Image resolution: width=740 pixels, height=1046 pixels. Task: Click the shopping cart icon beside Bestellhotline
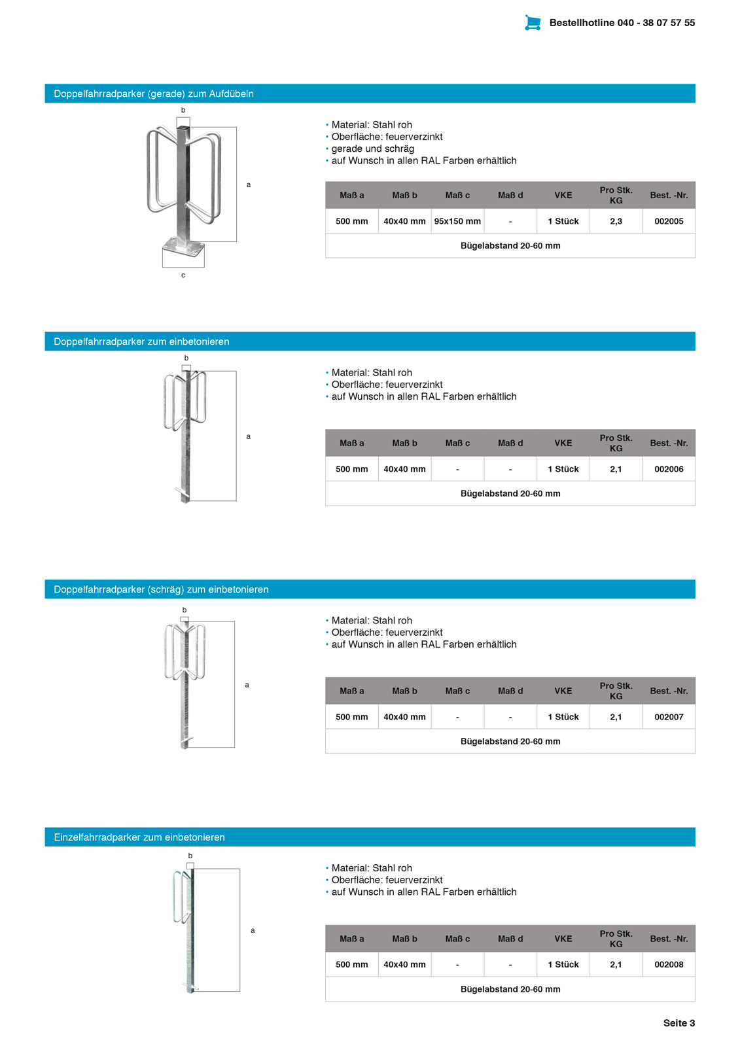tap(533, 23)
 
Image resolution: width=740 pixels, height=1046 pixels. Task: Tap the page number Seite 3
tap(678, 1023)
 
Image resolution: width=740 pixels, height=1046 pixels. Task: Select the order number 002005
tap(669, 221)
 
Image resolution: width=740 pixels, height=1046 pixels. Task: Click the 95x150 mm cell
tap(457, 221)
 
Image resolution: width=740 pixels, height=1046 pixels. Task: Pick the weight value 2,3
tap(616, 221)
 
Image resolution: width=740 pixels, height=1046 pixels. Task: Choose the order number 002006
tap(669, 469)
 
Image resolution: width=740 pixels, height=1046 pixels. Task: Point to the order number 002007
tap(669, 717)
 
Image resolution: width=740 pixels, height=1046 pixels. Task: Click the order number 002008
tap(669, 964)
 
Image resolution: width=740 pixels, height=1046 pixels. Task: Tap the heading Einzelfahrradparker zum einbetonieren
tap(139, 837)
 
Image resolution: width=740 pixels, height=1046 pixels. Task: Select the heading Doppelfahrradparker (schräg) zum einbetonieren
tap(161, 589)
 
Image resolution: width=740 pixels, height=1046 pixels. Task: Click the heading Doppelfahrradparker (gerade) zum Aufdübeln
tap(154, 94)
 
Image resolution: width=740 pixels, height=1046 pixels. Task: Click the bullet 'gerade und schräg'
tap(372, 148)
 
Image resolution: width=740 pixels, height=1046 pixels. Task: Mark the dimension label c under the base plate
tap(183, 275)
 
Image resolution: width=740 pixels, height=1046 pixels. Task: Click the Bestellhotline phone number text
tap(622, 23)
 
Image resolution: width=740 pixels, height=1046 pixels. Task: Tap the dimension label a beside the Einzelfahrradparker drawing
tap(253, 930)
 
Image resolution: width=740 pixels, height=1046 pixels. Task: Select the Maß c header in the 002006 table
tap(457, 443)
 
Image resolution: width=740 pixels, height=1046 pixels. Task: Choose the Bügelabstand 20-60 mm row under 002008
tap(510, 989)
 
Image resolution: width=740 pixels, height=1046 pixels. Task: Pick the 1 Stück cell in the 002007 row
tap(563, 717)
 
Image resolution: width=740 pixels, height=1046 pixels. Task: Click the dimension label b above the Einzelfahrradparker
tap(190, 856)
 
